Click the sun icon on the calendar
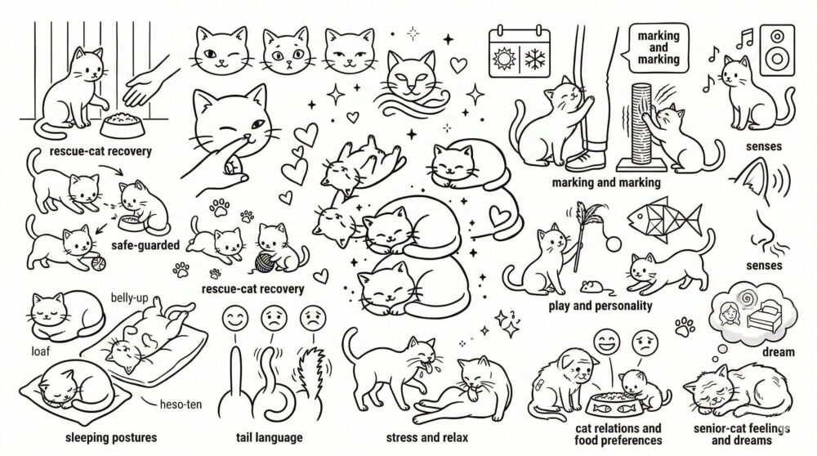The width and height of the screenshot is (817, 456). pyautogui.click(x=504, y=58)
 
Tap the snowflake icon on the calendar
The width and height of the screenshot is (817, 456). pyautogui.click(x=534, y=59)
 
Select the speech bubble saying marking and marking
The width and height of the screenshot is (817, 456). pyautogui.click(x=658, y=48)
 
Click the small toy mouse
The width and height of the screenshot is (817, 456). pyautogui.click(x=592, y=286)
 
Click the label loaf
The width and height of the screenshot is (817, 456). pyautogui.click(x=40, y=351)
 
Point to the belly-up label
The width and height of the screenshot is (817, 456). pyautogui.click(x=129, y=298)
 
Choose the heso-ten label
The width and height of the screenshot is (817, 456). pyautogui.click(x=181, y=405)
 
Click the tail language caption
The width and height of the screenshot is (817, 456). pyautogui.click(x=269, y=437)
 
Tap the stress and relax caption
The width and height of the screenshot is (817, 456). pyautogui.click(x=426, y=437)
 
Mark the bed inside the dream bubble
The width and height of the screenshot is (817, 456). pyautogui.click(x=765, y=319)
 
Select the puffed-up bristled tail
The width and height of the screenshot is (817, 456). pyautogui.click(x=310, y=376)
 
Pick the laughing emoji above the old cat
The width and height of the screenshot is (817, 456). pyautogui.click(x=607, y=342)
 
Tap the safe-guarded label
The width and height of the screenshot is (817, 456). pyautogui.click(x=145, y=245)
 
